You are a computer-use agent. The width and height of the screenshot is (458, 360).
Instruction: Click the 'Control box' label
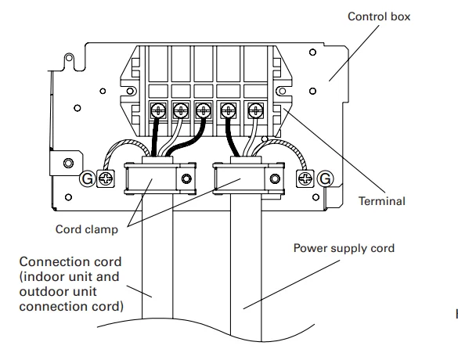tap(379, 16)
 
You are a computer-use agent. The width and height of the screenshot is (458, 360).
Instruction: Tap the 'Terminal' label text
tap(382, 201)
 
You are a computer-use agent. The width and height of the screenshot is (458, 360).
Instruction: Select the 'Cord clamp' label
tap(87, 229)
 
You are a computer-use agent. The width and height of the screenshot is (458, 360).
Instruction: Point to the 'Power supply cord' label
tap(344, 248)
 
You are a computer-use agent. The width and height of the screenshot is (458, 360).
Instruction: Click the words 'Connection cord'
tap(70, 261)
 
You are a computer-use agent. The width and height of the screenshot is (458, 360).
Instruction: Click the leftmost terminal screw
tap(158, 110)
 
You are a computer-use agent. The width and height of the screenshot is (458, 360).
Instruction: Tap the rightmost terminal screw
tap(256, 110)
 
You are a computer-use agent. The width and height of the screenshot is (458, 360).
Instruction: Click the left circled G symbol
tap(87, 178)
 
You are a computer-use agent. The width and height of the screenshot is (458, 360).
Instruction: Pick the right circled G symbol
tap(325, 178)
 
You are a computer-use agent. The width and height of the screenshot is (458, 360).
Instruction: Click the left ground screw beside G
tap(106, 178)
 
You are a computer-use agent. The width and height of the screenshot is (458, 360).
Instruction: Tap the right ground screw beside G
tap(305, 178)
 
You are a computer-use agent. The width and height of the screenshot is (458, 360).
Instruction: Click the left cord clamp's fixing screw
tap(186, 178)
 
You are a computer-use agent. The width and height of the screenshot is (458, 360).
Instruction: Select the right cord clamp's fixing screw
tap(275, 178)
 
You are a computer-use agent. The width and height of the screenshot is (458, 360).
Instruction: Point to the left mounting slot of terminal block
tap(130, 91)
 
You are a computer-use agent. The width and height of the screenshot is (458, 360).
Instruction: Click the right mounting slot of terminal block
tap(282, 91)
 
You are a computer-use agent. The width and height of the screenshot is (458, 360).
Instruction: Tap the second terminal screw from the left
tap(181, 110)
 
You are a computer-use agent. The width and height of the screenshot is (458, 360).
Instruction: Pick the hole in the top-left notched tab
tap(69, 57)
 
